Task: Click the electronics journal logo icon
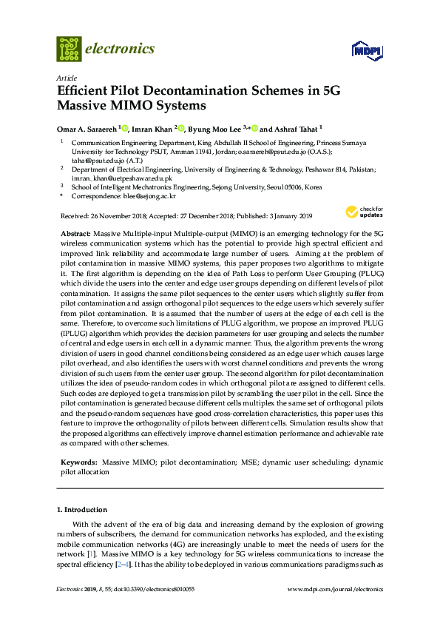point(70,49)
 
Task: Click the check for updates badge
point(357,212)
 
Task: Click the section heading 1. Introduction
point(82,510)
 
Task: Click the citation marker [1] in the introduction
point(92,554)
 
